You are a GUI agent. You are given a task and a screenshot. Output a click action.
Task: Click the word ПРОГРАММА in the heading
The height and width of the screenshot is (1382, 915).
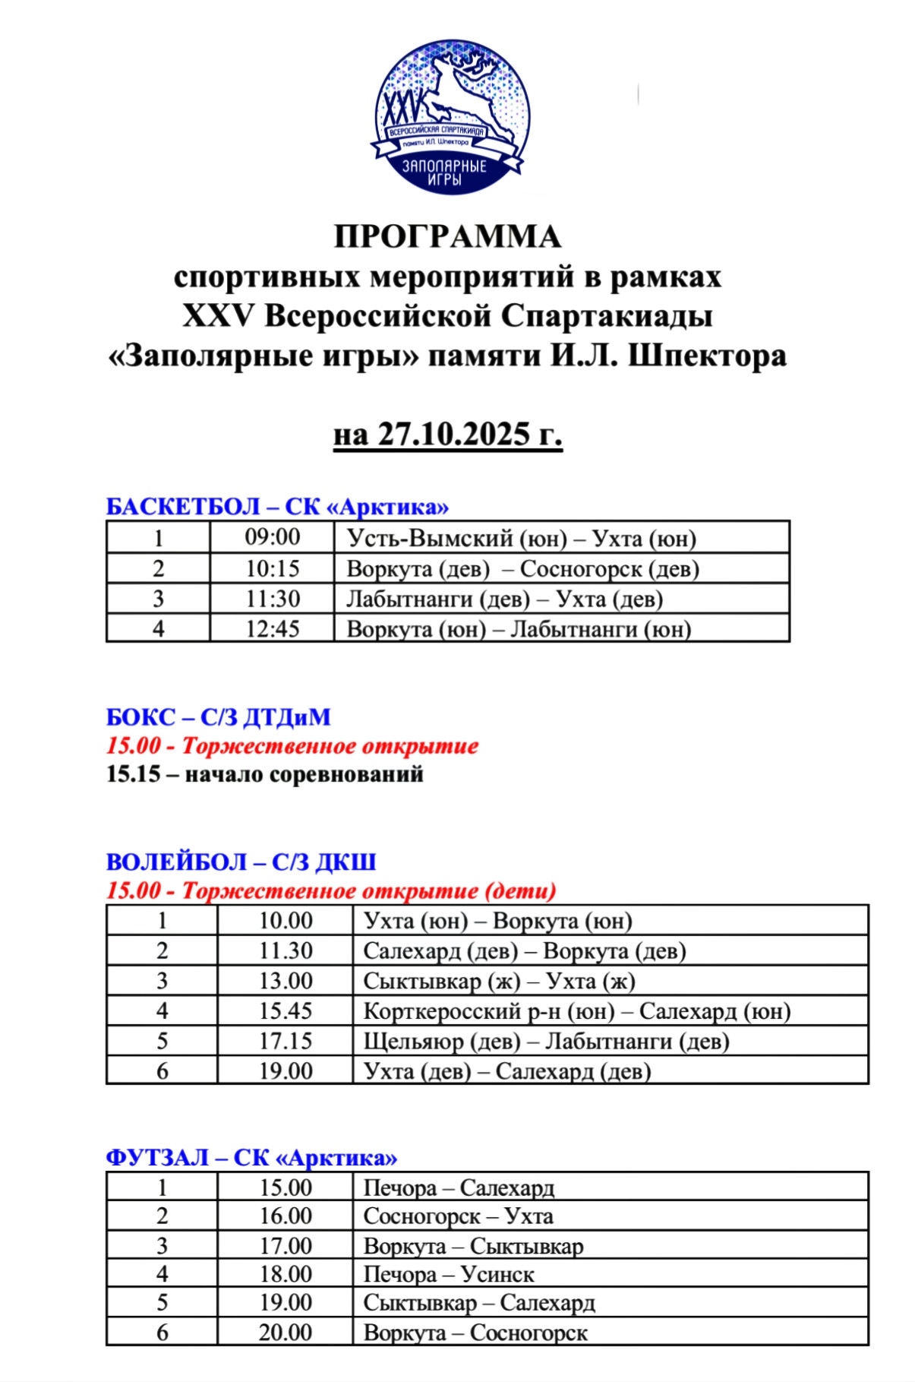[447, 236]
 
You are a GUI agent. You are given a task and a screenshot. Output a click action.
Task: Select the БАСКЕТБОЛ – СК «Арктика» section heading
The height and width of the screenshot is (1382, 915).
[277, 507]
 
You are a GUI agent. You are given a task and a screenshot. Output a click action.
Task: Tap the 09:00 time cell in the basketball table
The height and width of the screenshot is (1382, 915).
[272, 537]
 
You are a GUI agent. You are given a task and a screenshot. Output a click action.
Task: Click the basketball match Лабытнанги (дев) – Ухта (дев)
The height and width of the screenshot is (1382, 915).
[504, 599]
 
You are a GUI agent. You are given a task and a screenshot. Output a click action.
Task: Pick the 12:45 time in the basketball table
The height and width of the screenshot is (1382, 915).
[272, 628]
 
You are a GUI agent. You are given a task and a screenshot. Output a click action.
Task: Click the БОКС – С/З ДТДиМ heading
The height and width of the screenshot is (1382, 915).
[218, 716]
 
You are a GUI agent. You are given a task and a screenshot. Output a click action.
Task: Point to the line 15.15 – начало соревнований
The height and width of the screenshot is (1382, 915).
[264, 774]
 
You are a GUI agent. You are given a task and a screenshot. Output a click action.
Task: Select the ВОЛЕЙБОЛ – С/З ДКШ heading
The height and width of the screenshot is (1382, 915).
[241, 862]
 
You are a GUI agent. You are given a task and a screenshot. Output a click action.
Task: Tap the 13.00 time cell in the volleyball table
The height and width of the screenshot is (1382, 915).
[286, 980]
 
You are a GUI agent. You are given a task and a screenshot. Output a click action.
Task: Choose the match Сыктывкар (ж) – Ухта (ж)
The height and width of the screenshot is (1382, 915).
[499, 981]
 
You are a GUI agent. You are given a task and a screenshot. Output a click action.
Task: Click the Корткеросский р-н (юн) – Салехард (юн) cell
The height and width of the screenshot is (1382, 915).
[576, 1011]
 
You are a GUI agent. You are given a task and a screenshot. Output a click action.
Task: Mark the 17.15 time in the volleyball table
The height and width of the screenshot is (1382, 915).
[286, 1041]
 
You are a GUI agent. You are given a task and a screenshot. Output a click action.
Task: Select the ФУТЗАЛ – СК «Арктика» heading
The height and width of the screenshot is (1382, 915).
[251, 1157]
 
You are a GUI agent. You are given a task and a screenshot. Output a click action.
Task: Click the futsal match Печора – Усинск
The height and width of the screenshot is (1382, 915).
[448, 1274]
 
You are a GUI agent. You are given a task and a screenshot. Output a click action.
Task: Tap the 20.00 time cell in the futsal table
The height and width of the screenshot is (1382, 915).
[286, 1332]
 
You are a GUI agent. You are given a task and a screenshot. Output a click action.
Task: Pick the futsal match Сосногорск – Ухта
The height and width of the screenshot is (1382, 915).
[457, 1216]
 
